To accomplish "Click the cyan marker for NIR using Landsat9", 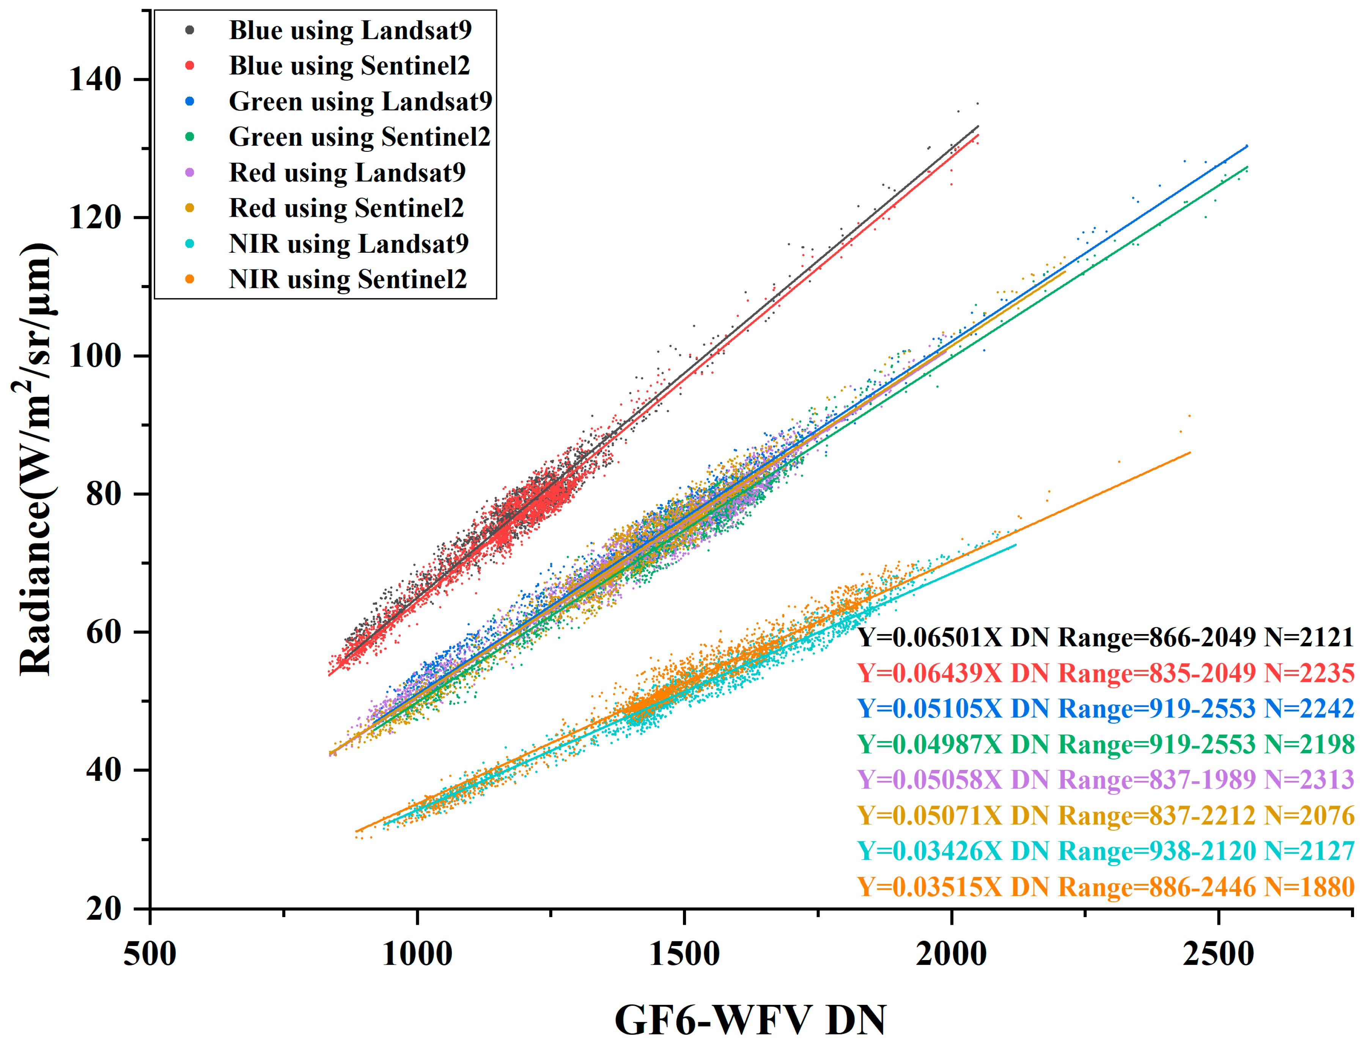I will (x=190, y=244).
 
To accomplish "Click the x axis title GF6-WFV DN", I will (x=750, y=1019).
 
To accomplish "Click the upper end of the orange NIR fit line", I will (x=1189, y=453).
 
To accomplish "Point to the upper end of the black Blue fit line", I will (x=978, y=126).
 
